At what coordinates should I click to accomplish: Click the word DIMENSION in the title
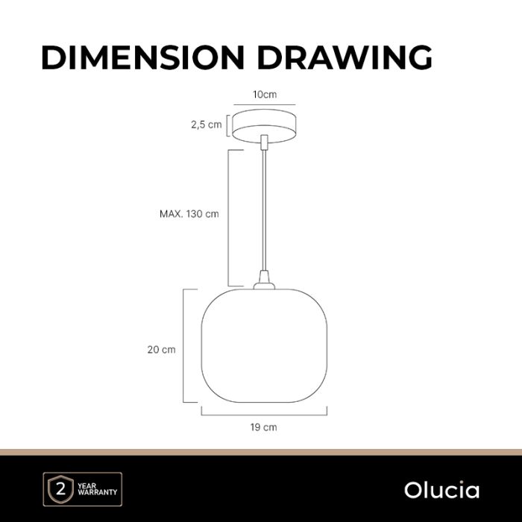[143, 57]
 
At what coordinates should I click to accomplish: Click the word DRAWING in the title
[345, 57]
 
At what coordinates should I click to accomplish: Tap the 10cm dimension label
[265, 95]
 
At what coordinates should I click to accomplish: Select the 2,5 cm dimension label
[206, 125]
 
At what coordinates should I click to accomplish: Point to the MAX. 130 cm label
[189, 214]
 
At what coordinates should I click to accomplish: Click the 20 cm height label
[162, 350]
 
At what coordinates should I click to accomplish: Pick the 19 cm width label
[264, 427]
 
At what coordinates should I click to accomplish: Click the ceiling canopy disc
[264, 126]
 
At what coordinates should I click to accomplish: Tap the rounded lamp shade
[264, 345]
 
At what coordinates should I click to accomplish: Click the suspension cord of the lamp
[264, 210]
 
